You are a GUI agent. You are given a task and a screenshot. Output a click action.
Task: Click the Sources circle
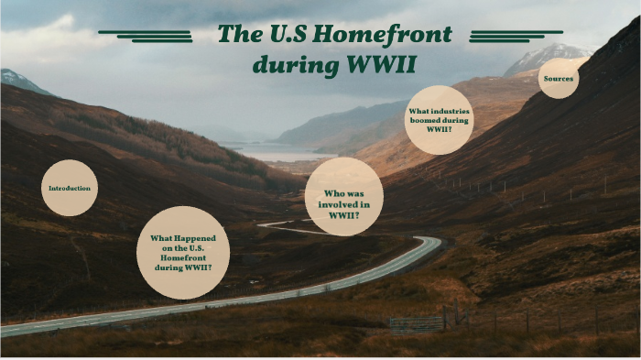pyautogui.click(x=559, y=79)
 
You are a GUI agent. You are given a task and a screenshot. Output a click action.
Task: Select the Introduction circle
pyautogui.click(x=70, y=188)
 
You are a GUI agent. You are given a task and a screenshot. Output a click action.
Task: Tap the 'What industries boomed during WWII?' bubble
pyautogui.click(x=438, y=120)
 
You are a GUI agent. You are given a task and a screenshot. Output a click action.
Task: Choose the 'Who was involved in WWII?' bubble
pyautogui.click(x=343, y=196)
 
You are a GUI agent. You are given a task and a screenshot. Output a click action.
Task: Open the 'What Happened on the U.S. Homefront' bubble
pyautogui.click(x=183, y=252)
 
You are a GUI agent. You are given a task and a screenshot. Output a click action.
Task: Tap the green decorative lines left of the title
pyautogui.click(x=147, y=35)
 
